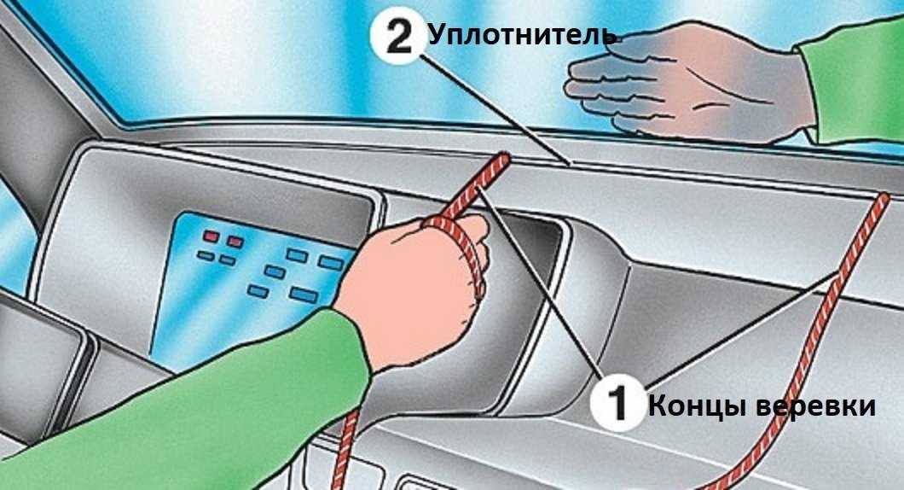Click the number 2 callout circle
pos(399,37)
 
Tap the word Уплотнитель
pos(522,35)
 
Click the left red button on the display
pos(211,236)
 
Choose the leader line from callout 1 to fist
pos(540,286)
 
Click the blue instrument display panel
pos(253,283)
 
